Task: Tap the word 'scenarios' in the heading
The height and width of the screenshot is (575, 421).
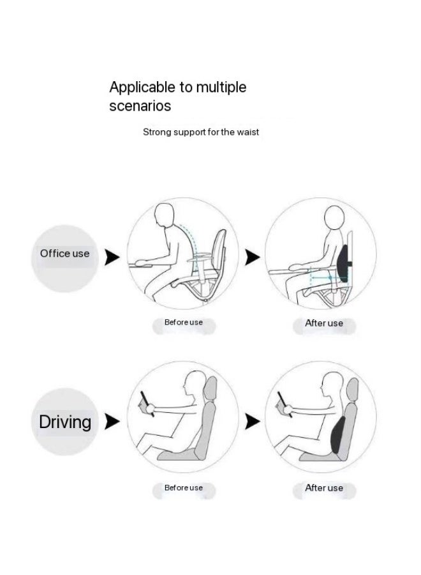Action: (140, 105)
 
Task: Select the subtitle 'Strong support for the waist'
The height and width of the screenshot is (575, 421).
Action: (200, 132)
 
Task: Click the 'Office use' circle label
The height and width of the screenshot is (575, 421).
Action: (64, 254)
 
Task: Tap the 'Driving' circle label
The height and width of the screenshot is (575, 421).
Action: (65, 422)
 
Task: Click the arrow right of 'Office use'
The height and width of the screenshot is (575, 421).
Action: (112, 257)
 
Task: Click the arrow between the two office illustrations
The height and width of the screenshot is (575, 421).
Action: (253, 257)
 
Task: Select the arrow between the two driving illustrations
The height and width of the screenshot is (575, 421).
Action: (253, 421)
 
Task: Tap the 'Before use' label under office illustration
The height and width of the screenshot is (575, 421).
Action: (184, 323)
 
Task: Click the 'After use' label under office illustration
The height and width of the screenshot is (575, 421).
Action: (324, 323)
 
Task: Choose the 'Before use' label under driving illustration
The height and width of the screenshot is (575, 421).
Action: (184, 488)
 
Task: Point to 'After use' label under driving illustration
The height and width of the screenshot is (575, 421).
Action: (324, 488)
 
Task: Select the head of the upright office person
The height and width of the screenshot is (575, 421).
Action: (334, 218)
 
